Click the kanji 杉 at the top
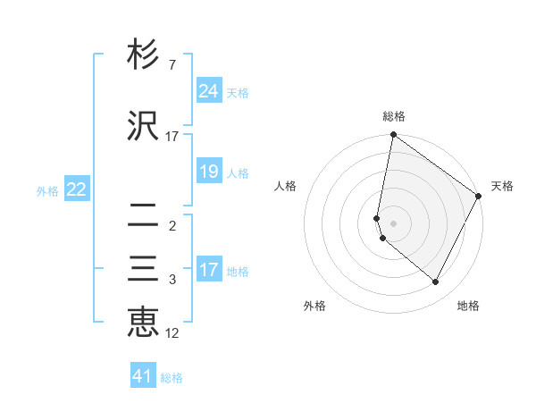click(143, 55)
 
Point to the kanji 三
click(143, 270)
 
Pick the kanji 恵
click(143, 322)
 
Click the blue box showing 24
click(209, 90)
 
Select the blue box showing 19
click(209, 172)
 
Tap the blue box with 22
click(77, 189)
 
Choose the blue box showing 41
click(143, 376)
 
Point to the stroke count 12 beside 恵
click(173, 334)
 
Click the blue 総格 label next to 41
click(172, 378)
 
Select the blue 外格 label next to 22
click(47, 191)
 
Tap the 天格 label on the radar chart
click(502, 186)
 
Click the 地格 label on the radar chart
click(468, 306)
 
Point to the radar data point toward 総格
click(393, 136)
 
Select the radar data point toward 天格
click(479, 196)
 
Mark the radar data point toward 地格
click(436, 282)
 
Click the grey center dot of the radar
click(393, 223)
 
